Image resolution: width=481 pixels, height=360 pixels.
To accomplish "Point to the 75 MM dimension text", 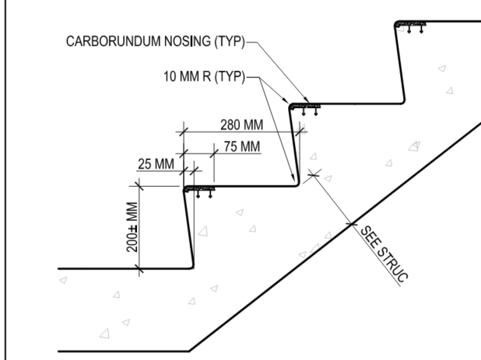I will (x=237, y=146).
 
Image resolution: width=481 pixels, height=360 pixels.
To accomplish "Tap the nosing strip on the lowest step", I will (x=201, y=187).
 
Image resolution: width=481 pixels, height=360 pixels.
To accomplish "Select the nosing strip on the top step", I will (x=411, y=23).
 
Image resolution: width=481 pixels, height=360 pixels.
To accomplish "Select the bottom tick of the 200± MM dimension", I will (x=139, y=268).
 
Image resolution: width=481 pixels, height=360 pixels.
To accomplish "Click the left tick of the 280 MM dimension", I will (x=184, y=131).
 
